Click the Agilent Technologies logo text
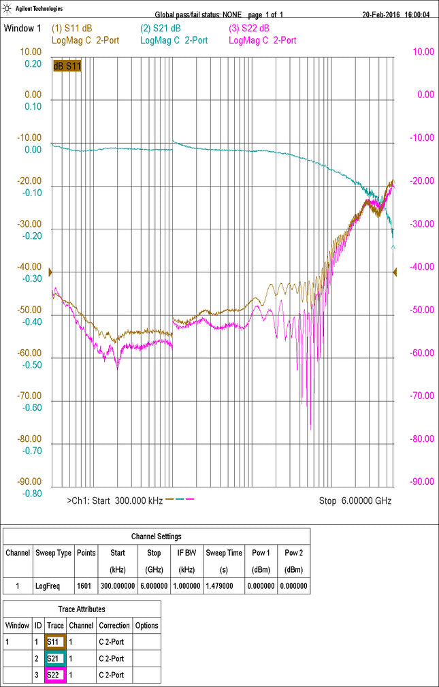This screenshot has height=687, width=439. (x=39, y=9)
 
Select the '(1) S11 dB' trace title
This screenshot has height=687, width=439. (x=71, y=29)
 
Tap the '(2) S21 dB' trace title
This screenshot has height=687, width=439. (x=161, y=29)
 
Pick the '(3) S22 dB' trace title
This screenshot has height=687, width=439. (x=249, y=29)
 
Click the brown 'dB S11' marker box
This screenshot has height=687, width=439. (x=67, y=65)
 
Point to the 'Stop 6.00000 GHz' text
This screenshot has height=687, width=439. (x=355, y=500)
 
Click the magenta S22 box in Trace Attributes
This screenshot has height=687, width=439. (x=55, y=675)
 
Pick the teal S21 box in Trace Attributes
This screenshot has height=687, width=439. (x=55, y=658)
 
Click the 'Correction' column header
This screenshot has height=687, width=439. (x=114, y=625)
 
